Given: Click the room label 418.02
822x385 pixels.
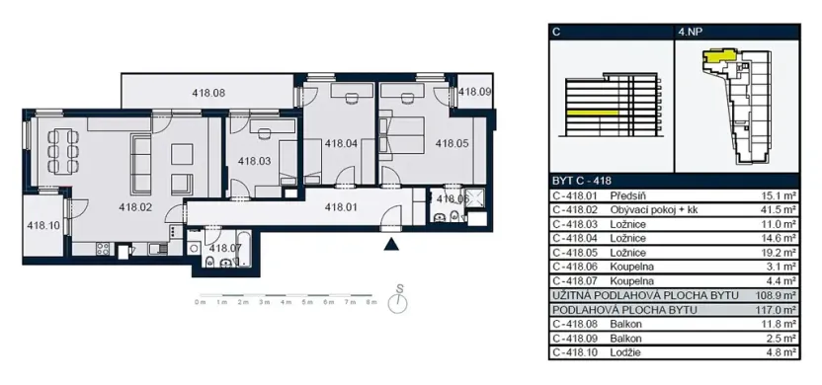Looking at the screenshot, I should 134,207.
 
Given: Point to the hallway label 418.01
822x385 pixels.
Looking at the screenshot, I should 340,207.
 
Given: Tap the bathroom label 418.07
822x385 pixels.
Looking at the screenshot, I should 225,247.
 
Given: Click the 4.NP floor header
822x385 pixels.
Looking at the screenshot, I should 692,32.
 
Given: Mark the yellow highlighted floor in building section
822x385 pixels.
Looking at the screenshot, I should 593,115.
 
